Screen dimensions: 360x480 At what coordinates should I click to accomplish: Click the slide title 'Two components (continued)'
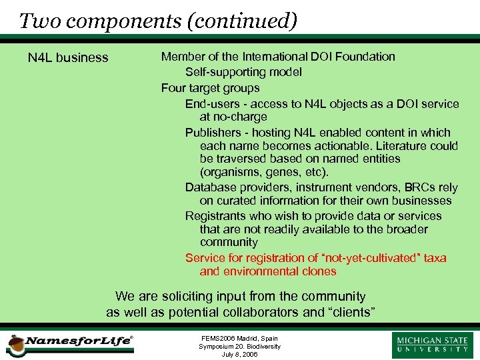point(158,21)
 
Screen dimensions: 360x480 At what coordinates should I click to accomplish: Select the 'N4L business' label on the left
point(68,57)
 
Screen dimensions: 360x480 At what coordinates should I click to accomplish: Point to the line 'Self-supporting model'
point(243,71)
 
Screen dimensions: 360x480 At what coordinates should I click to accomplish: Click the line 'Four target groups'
point(210,87)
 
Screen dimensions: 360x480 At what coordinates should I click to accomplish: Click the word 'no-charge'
point(243,117)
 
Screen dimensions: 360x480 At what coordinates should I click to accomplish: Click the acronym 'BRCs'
point(418,187)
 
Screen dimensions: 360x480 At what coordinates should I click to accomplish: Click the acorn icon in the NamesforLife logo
point(15,345)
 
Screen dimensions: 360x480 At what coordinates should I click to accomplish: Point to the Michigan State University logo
point(433,343)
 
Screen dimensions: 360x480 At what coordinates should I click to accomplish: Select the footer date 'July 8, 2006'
point(239,354)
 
